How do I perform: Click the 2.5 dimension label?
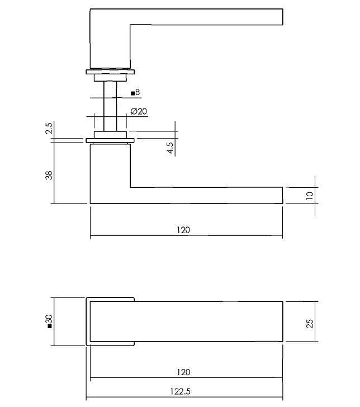49,130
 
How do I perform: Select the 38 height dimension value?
49,174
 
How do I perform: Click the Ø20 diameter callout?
139,111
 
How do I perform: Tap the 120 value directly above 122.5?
183,372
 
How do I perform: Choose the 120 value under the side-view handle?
183,230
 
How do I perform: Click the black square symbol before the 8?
132,93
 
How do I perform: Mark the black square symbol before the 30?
49,325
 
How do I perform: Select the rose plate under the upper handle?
110,71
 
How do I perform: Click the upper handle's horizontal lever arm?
207,17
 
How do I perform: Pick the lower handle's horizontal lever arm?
207,195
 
